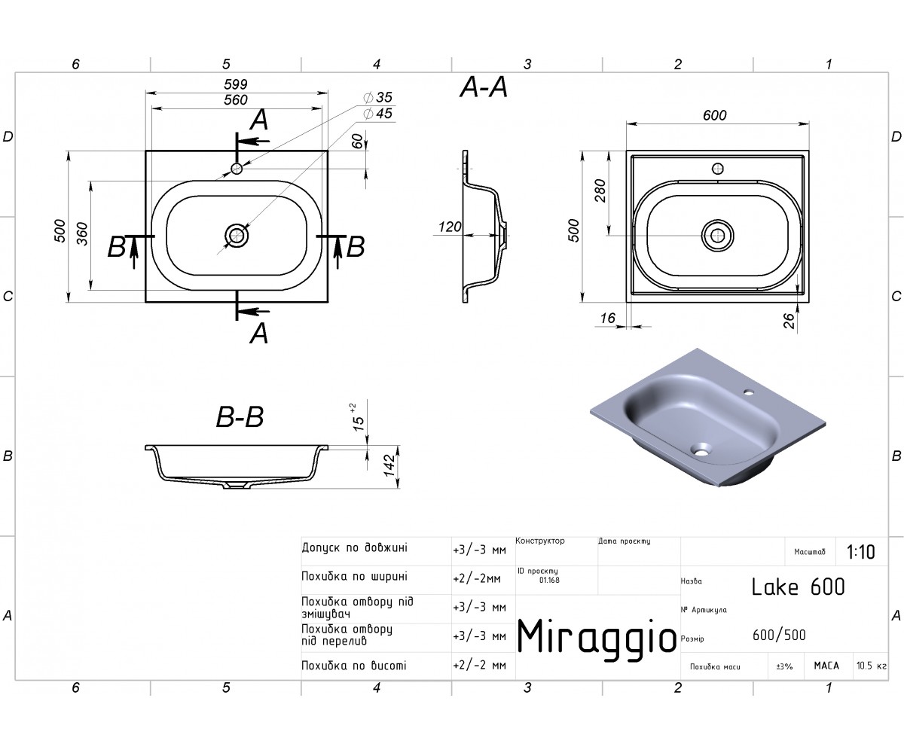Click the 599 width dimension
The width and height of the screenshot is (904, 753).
tap(236, 84)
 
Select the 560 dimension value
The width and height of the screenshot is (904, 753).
tap(236, 100)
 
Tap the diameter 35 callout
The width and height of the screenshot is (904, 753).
tap(378, 97)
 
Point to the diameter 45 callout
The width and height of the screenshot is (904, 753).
tap(378, 114)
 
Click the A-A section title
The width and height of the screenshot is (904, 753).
tap(484, 87)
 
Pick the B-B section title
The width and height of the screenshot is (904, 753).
tap(240, 417)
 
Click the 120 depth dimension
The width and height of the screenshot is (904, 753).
tap(450, 227)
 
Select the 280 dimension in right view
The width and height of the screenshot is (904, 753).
tap(600, 191)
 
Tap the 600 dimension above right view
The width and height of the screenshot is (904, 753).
tap(714, 115)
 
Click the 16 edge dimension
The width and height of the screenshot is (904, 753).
tap(607, 318)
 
